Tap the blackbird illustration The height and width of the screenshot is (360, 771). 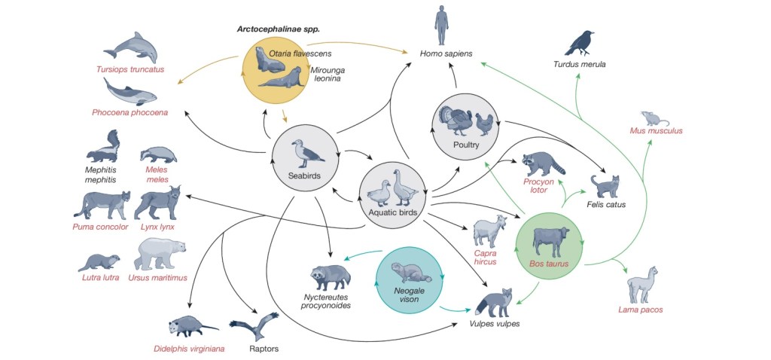(580, 44)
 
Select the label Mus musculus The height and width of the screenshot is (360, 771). (657, 131)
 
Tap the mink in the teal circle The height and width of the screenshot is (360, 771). (410, 272)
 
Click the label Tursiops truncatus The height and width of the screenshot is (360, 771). (130, 70)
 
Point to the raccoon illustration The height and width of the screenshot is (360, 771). (544, 162)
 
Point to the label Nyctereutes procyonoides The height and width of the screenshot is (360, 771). (333, 301)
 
